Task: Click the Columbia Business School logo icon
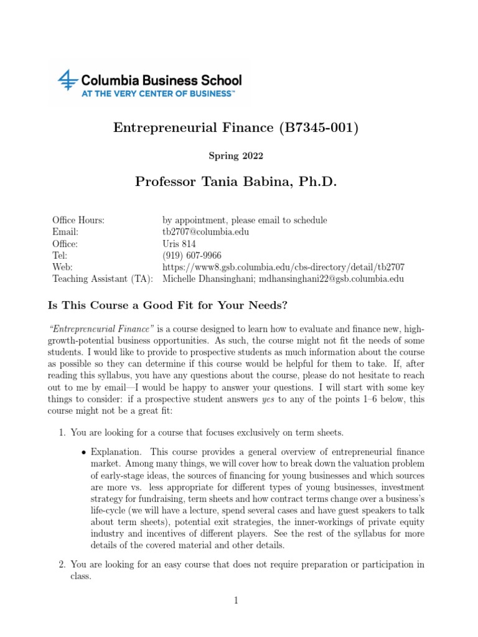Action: click(x=65, y=81)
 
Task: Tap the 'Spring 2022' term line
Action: click(x=238, y=156)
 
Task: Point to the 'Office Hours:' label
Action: click(x=78, y=220)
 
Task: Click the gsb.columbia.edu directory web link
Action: click(x=283, y=267)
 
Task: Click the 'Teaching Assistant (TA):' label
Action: click(x=103, y=279)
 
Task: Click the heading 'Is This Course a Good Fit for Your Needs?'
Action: click(x=168, y=305)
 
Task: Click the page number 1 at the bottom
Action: click(x=237, y=600)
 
